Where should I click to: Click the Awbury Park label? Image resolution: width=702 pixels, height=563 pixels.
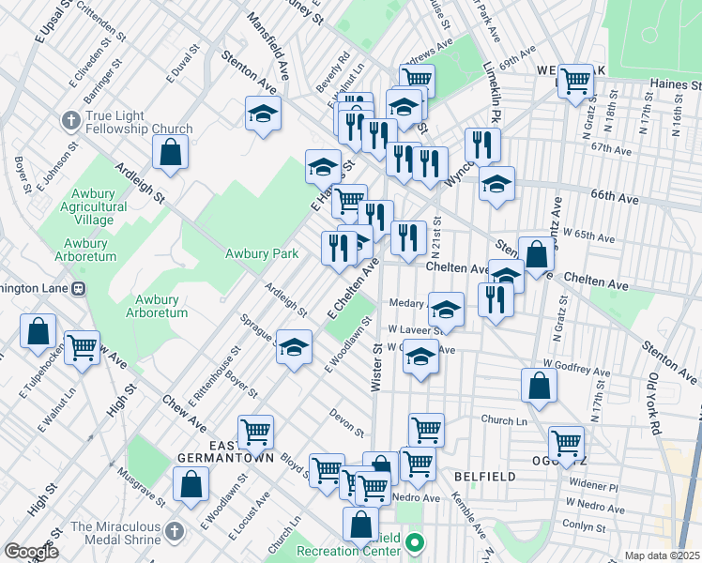point(261,253)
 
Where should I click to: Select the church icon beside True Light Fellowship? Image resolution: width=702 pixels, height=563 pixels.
point(70,120)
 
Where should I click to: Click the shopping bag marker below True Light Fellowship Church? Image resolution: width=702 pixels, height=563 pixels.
point(170,152)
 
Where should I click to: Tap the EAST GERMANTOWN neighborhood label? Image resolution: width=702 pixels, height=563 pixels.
point(227,451)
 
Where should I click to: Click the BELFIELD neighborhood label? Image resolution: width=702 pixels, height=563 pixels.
point(484,477)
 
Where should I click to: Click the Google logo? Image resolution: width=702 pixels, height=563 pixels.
point(30,552)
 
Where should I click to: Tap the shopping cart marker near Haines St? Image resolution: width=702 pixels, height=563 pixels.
point(574,81)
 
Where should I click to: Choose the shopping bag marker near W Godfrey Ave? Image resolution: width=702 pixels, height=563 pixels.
point(540,385)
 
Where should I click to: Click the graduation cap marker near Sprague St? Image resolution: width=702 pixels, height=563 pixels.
point(294,347)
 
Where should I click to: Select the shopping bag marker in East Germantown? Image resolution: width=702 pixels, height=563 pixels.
point(191,484)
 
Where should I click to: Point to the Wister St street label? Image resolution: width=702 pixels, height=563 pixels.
point(377,367)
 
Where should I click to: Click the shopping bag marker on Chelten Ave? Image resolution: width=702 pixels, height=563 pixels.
point(535,253)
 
